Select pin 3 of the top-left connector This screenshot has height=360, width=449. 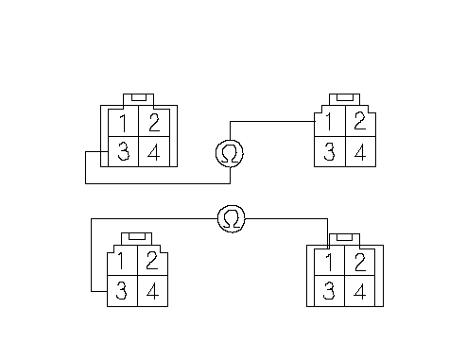pyautogui.click(x=124, y=151)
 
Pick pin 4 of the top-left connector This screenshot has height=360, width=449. pyautogui.click(x=154, y=151)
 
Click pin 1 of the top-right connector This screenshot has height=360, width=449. pyautogui.click(x=330, y=121)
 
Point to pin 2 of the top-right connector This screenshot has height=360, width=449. pyautogui.click(x=360, y=121)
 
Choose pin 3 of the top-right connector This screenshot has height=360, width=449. pyautogui.click(x=330, y=151)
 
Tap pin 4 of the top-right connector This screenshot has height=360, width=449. pyautogui.click(x=360, y=151)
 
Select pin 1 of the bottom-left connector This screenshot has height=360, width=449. pyautogui.click(x=122, y=261)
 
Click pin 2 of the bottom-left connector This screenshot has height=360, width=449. pyautogui.click(x=153, y=261)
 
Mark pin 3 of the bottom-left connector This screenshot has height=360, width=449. pyautogui.click(x=122, y=291)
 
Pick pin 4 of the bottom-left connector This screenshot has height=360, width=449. pyautogui.click(x=153, y=291)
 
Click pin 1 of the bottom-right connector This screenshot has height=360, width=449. pyautogui.click(x=330, y=262)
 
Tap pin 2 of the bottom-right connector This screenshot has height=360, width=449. pyautogui.click(x=360, y=262)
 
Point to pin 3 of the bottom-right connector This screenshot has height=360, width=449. pyautogui.click(x=330, y=291)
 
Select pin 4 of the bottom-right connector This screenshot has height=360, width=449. pyautogui.click(x=360, y=291)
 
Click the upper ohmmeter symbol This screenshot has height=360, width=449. pyautogui.click(x=230, y=153)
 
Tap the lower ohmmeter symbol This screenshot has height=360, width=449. pyautogui.click(x=232, y=218)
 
